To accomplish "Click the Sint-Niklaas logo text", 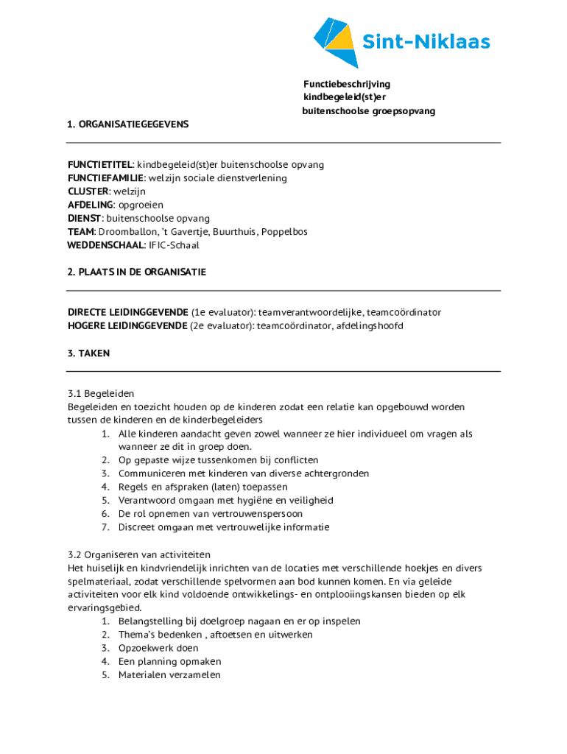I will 426,42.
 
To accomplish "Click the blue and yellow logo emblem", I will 335,41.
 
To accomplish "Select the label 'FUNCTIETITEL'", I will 100,165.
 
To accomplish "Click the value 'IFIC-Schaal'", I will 174,245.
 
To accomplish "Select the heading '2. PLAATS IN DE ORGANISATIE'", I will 137,272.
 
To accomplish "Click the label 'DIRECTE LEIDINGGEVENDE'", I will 127,312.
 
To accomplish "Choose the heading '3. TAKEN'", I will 89,353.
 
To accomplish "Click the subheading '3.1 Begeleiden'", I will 101,393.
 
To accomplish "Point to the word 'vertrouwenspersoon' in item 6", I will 257,514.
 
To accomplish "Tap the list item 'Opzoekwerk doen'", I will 158,648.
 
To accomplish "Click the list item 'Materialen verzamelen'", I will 169,674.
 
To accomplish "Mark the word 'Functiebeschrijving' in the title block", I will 347,85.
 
